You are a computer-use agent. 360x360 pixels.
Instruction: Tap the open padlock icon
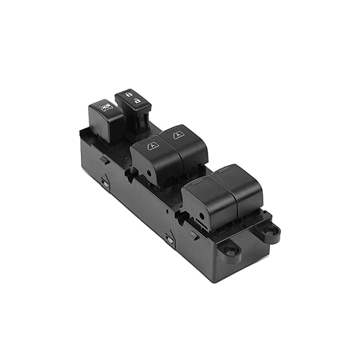(x=137, y=100)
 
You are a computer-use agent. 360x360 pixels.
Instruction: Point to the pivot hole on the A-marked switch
(x=150, y=173)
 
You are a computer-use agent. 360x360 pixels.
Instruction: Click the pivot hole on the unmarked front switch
(x=202, y=216)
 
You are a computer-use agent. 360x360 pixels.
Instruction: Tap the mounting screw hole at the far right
(x=273, y=230)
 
